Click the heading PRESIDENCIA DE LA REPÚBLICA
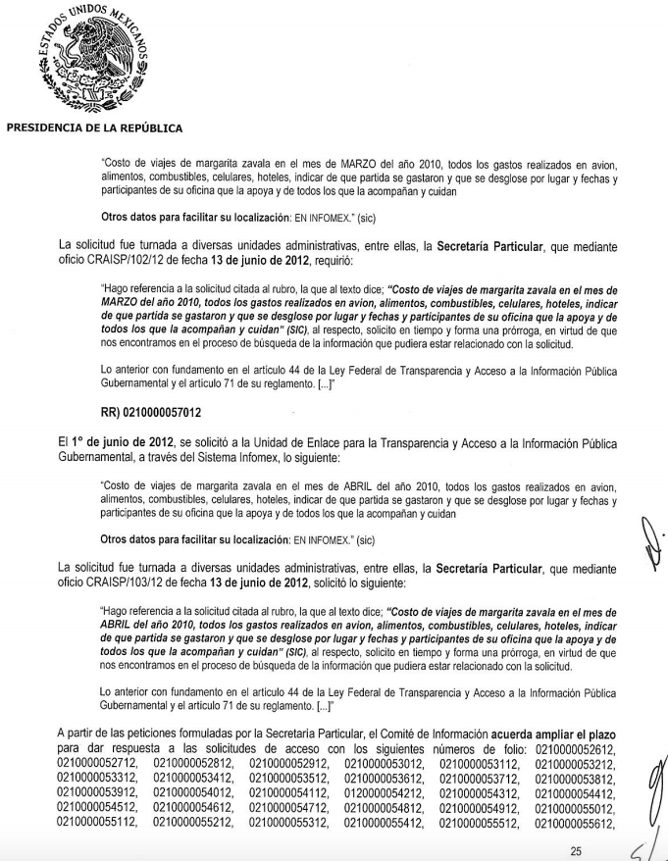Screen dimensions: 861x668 click(94, 127)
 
